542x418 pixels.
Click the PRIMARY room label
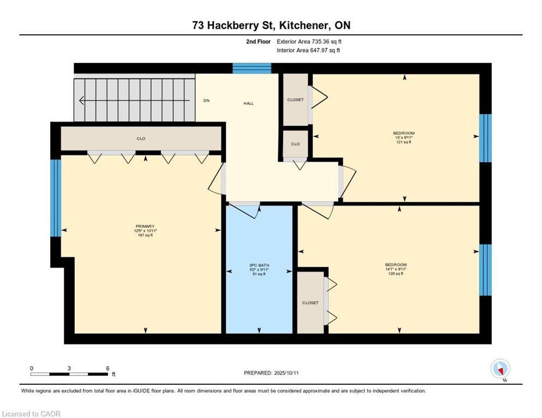click(x=145, y=226)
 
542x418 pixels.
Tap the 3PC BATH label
click(x=259, y=265)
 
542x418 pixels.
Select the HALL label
click(x=249, y=103)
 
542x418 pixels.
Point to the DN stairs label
click(x=206, y=101)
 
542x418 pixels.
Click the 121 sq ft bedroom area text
click(x=404, y=142)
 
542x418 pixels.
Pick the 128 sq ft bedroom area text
click(x=396, y=274)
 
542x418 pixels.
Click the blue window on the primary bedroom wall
click(x=56, y=198)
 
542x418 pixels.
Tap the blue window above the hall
click(x=252, y=69)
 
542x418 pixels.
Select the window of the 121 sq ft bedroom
click(x=485, y=138)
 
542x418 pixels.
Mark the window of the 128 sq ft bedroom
click(x=485, y=270)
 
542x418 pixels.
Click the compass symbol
click(x=500, y=368)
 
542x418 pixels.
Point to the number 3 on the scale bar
click(x=69, y=368)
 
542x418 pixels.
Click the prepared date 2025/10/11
click(x=286, y=373)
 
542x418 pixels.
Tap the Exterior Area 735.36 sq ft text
click(x=309, y=41)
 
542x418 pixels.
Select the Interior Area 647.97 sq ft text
click(x=308, y=51)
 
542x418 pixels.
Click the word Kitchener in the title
click(x=304, y=25)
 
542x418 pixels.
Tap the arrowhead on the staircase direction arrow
click(x=82, y=101)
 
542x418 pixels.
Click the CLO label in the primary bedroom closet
click(x=141, y=138)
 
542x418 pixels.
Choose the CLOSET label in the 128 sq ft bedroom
click(x=310, y=303)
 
